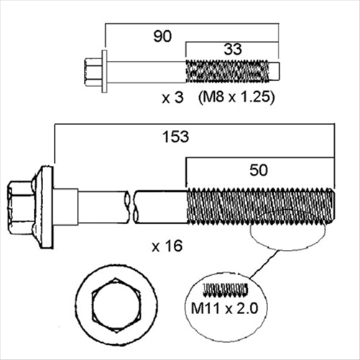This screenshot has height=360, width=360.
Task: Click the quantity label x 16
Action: [x=167, y=246]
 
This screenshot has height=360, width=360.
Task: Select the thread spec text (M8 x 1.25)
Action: [x=237, y=96]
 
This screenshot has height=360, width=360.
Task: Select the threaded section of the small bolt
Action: [x=226, y=72]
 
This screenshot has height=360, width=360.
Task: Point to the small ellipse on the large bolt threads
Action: [x=285, y=229]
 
